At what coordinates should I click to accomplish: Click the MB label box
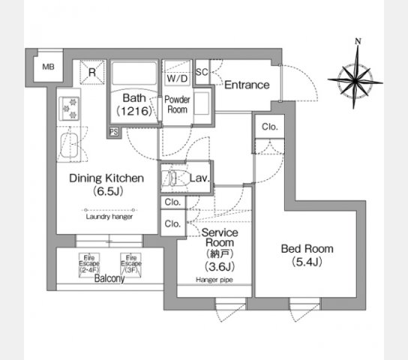pyautogui.click(x=47, y=67)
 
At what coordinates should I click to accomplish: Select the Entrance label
pyautogui.click(x=246, y=85)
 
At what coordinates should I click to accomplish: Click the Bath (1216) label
pyautogui.click(x=135, y=104)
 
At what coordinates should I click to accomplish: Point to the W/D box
pyautogui.click(x=178, y=77)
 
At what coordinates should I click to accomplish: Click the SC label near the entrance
pyautogui.click(x=202, y=72)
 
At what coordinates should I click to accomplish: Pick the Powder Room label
pyautogui.click(x=178, y=103)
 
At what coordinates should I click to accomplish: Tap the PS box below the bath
pyautogui.click(x=113, y=132)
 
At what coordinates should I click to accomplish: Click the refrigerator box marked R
pyautogui.click(x=91, y=73)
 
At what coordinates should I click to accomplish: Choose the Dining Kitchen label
pyautogui.click(x=106, y=185)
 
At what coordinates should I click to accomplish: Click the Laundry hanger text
pyautogui.click(x=109, y=216)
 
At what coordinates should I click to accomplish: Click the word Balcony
pyautogui.click(x=110, y=277)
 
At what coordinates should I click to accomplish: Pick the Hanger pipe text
pyautogui.click(x=214, y=279)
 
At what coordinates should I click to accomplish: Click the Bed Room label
pyautogui.click(x=307, y=255)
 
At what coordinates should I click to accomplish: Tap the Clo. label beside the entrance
pyautogui.click(x=269, y=127)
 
